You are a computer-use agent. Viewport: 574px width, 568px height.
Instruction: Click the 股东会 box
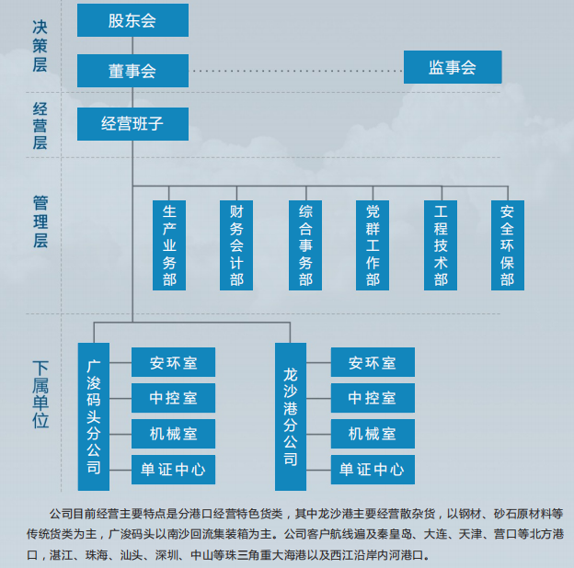(132, 20)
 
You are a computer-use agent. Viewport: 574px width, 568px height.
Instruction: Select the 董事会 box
(132, 71)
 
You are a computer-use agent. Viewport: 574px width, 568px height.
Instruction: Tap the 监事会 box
(453, 67)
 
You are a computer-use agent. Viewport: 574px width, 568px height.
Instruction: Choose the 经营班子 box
(132, 124)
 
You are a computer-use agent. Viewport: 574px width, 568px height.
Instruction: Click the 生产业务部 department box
(169, 245)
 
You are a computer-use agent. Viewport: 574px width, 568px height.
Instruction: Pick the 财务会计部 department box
(236, 245)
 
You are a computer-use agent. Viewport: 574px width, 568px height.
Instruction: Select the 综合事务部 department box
(305, 245)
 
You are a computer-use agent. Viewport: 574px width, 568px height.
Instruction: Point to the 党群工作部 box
(373, 245)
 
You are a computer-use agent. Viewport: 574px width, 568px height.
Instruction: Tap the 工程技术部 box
(441, 245)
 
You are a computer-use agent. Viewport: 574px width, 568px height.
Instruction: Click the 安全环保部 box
(508, 245)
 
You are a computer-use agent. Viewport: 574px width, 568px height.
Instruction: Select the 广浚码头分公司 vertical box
(94, 416)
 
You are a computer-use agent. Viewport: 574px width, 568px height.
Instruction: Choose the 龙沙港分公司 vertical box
(291, 416)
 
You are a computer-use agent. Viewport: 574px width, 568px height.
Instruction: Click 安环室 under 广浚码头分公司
(174, 362)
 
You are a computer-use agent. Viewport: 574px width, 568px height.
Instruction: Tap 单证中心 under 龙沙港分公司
(373, 470)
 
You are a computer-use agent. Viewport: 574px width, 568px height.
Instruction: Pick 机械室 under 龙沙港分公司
(373, 434)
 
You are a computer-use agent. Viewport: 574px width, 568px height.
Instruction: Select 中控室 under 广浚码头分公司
(174, 398)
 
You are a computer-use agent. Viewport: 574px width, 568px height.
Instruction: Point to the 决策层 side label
(40, 46)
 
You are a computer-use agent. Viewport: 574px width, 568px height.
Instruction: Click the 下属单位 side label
(40, 394)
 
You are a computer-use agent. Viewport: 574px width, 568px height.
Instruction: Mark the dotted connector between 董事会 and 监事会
(296, 71)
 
